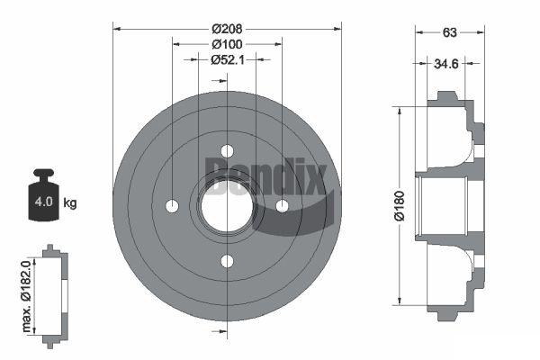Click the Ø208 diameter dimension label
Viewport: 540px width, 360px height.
point(227,29)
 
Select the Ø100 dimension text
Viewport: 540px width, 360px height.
point(227,44)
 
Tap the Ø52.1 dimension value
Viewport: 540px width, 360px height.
point(228,60)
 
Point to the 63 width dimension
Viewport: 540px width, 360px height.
point(449,32)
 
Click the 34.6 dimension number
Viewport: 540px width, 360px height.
point(446,64)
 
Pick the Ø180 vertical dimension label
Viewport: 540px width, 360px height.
point(400,206)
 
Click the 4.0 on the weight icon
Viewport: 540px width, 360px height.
point(43,202)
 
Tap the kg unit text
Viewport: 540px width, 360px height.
point(70,202)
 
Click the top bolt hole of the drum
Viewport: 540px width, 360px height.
point(227,151)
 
